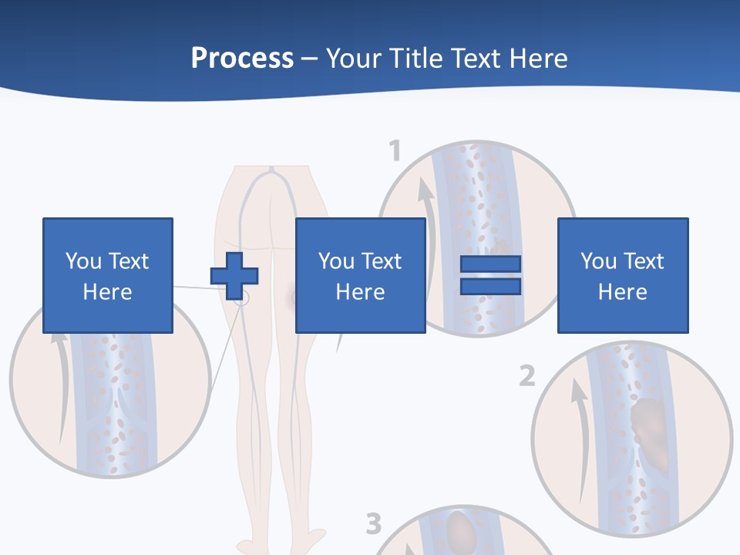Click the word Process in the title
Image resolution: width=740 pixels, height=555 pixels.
tap(242, 59)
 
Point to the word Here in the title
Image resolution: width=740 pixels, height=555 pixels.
tap(536, 59)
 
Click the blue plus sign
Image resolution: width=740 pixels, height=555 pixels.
tap(234, 276)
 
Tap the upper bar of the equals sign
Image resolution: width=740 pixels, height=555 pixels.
tap(490, 264)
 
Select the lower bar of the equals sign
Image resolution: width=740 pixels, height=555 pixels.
tap(490, 287)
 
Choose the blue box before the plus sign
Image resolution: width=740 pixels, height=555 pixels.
tap(108, 275)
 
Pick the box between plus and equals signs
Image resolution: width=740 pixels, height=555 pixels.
tap(361, 275)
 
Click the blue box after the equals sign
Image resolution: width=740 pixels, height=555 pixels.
tap(623, 275)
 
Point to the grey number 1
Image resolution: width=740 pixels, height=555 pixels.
tap(395, 150)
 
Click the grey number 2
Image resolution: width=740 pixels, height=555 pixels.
tap(526, 376)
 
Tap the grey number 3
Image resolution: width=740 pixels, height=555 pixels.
tap(373, 524)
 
